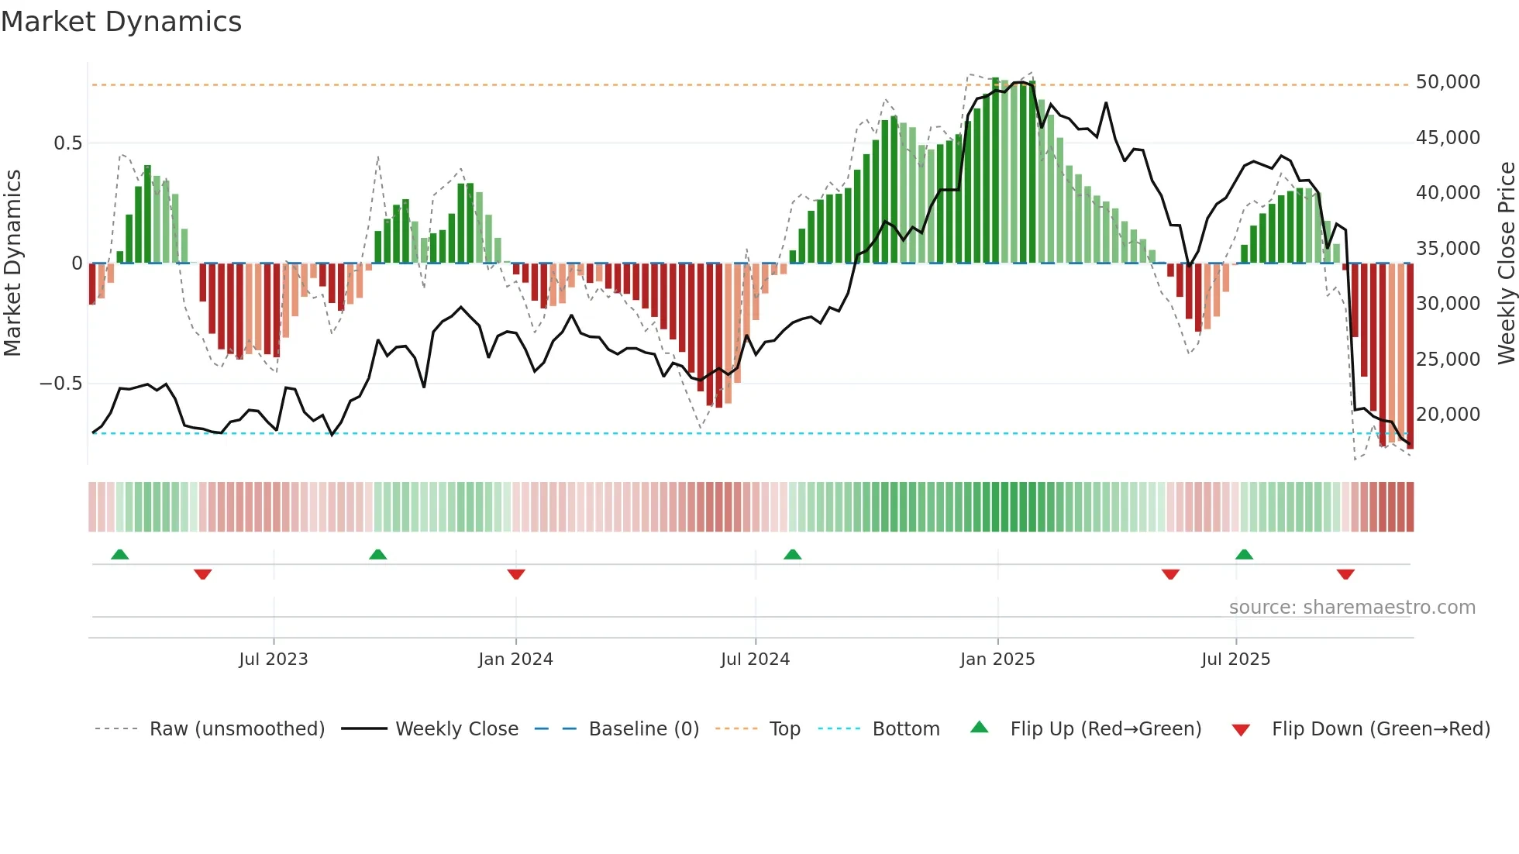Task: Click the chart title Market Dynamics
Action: point(122,22)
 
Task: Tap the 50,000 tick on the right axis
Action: point(1447,82)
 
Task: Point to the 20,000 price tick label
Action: point(1447,415)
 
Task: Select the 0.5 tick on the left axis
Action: point(67,143)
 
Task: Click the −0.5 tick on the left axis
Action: point(60,384)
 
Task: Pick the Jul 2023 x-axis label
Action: point(273,659)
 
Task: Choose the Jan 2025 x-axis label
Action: point(997,659)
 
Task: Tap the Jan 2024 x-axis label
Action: point(515,659)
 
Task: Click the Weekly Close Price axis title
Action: point(1506,263)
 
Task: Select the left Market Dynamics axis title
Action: point(12,263)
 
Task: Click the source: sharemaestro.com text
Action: point(1352,608)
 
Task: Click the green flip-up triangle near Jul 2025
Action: point(1244,555)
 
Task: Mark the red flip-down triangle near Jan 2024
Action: point(516,574)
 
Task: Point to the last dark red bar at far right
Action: point(1410,356)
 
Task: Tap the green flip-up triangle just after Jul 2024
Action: point(792,555)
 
